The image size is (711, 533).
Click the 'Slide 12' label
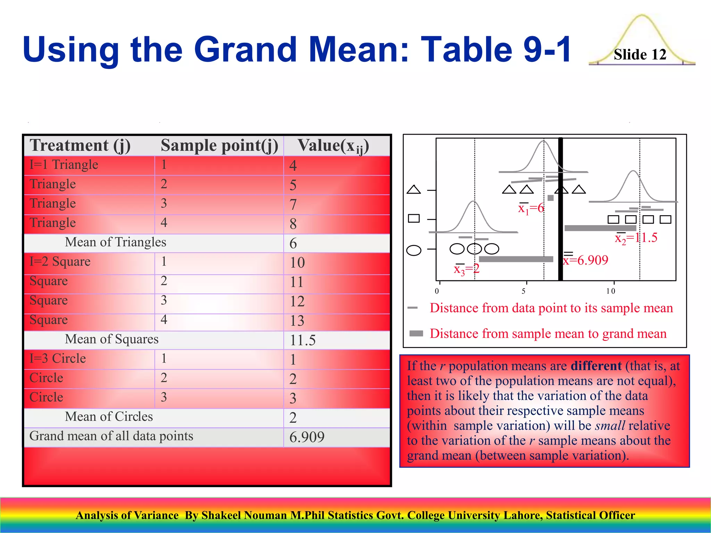[640, 55]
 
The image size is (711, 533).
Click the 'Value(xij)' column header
[333, 146]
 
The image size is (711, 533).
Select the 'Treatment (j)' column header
[80, 145]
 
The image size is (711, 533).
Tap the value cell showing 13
[297, 321]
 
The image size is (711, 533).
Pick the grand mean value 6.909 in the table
[307, 437]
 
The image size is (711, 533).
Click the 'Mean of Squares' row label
[111, 339]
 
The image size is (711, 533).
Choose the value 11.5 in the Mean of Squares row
[303, 340]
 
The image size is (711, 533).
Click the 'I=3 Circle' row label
[58, 358]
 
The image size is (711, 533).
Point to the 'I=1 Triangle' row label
[64, 164]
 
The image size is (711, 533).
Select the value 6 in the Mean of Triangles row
[293, 243]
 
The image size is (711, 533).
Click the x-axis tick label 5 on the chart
[524, 291]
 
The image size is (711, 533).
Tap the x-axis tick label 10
[611, 291]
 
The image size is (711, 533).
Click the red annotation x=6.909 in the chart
[586, 260]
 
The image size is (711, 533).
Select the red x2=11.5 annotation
[636, 238]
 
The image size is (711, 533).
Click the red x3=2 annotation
[467, 269]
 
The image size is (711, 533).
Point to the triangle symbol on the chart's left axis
[414, 190]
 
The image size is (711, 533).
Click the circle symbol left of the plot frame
[414, 250]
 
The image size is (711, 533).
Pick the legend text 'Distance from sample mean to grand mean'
[548, 333]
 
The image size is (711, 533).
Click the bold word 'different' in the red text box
[596, 366]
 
